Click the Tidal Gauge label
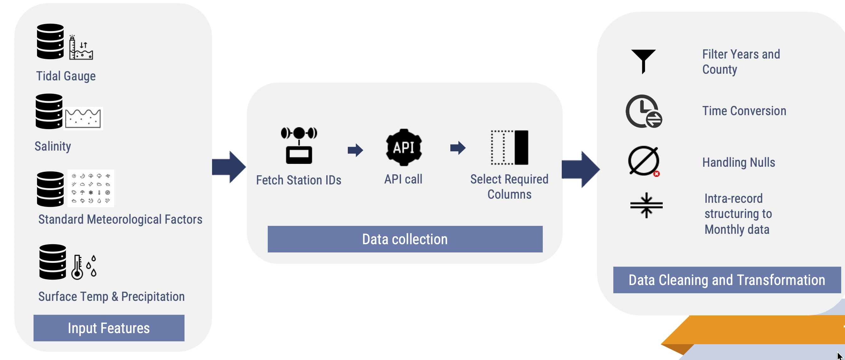point(66,76)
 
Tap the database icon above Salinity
point(49,111)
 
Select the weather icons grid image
point(91,188)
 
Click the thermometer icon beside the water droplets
point(77,267)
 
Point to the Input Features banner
point(109,328)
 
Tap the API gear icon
point(404,147)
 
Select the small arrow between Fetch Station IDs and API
point(355,150)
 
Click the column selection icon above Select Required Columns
point(510,147)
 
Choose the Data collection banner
point(405,239)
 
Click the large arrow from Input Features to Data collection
point(229,167)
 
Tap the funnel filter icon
point(643,61)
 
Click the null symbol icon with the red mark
point(644,161)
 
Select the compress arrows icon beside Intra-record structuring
point(646,205)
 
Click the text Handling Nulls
point(738,162)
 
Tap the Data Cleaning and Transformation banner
point(727,280)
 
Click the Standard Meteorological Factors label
point(120,219)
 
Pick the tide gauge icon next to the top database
point(81,48)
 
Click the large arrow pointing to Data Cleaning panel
point(581,169)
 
